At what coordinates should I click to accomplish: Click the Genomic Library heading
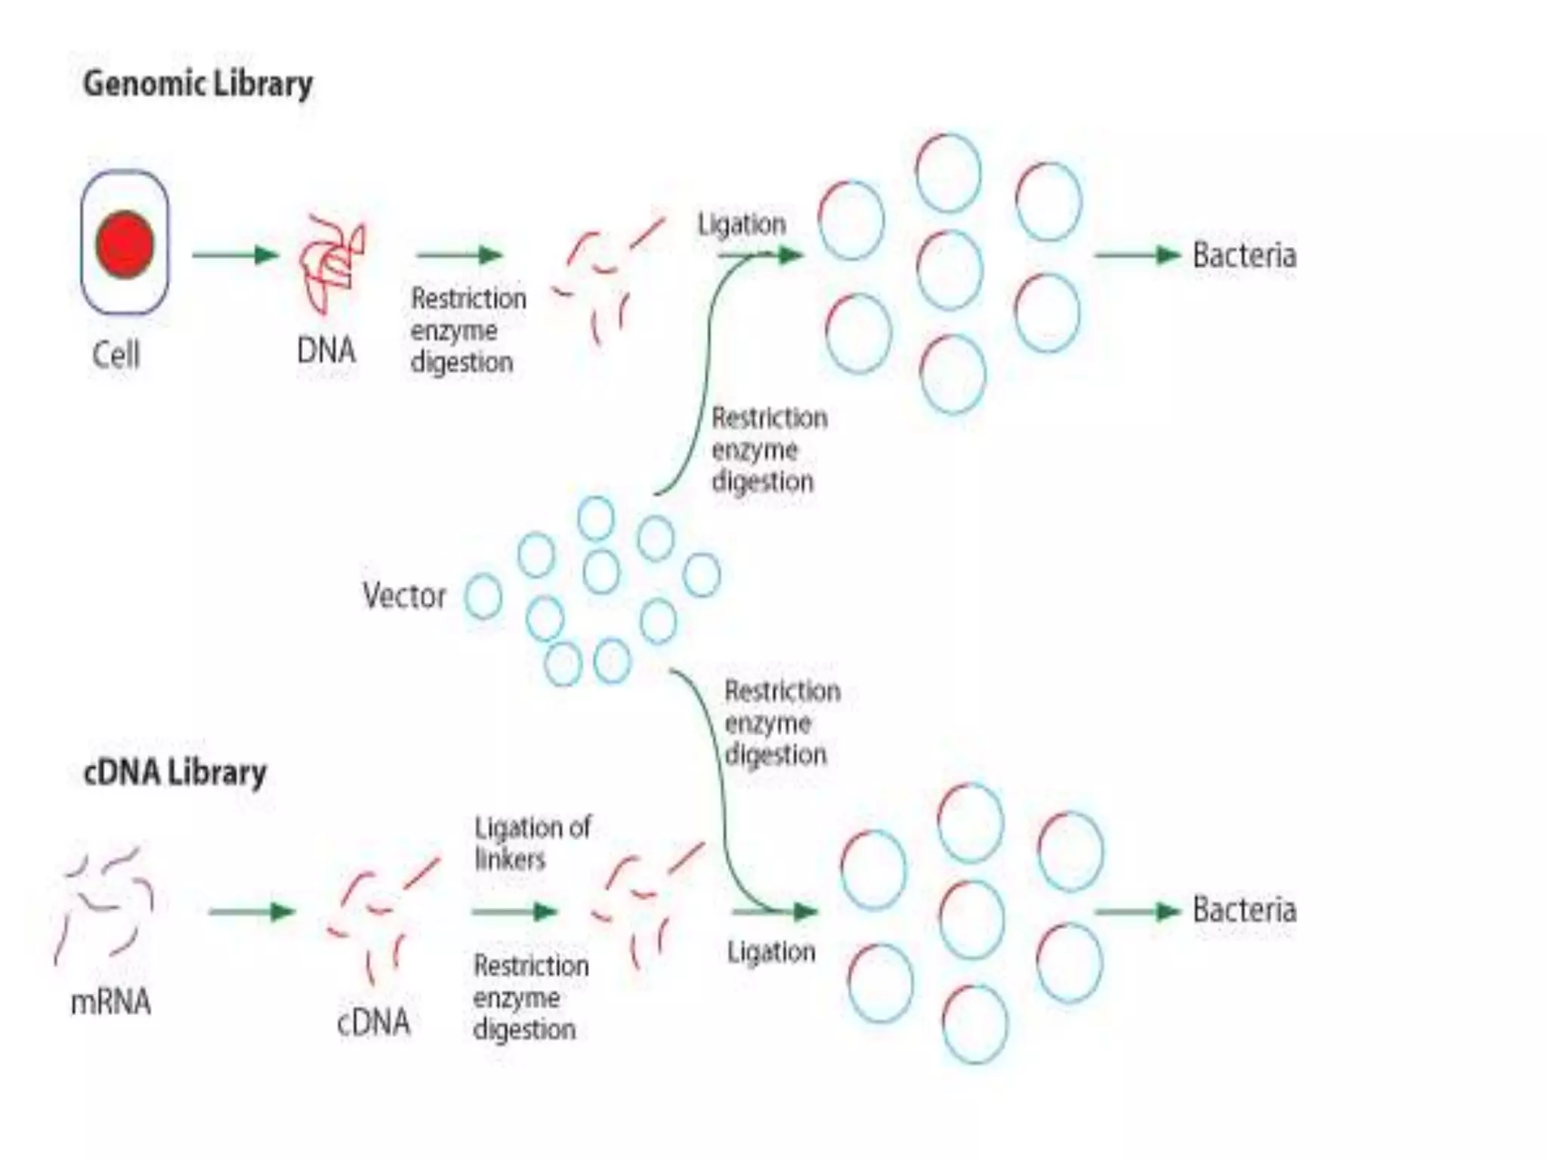click(197, 83)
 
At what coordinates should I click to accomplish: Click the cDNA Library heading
click(174, 773)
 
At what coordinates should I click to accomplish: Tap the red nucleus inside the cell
click(125, 245)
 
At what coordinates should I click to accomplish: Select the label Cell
click(116, 354)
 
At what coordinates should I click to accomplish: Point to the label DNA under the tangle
click(326, 350)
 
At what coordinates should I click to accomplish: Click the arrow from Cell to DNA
click(235, 255)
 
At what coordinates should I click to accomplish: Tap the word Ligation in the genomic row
click(742, 224)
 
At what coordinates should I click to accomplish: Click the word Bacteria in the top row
click(1244, 255)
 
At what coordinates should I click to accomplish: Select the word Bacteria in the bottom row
click(1244, 910)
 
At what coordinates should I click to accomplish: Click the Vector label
click(404, 596)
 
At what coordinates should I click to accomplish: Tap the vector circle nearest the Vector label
click(483, 597)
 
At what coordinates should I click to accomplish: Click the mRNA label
click(110, 1003)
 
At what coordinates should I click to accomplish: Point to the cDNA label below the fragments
click(373, 1023)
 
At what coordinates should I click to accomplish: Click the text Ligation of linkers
click(532, 843)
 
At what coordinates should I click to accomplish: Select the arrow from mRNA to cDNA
click(252, 912)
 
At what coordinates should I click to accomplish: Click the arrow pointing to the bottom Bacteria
click(1137, 912)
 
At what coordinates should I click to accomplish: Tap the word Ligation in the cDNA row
click(771, 952)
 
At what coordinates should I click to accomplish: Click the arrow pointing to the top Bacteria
click(1137, 255)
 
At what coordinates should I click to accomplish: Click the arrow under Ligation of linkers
click(514, 912)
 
